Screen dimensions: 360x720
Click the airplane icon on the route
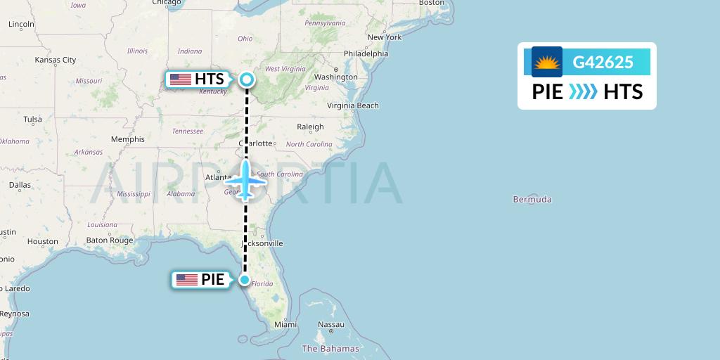(x=245, y=180)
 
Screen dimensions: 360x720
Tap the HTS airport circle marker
(x=247, y=79)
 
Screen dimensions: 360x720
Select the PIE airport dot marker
(x=244, y=280)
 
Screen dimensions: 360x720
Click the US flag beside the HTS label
(x=181, y=79)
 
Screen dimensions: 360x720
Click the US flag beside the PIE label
(x=187, y=280)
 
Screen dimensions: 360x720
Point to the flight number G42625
(x=603, y=63)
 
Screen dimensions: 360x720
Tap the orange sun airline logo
(x=547, y=63)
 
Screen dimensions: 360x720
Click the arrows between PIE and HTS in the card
(x=583, y=92)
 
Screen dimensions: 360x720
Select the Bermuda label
(x=532, y=200)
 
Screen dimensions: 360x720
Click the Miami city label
(x=285, y=325)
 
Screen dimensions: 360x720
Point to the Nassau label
(x=331, y=325)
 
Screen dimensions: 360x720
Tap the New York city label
(x=384, y=37)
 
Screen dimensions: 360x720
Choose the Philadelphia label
(x=366, y=53)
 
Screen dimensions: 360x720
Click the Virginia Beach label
(x=353, y=106)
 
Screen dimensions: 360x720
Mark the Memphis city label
(x=127, y=139)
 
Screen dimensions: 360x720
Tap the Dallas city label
(x=20, y=185)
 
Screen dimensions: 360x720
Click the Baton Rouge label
(x=110, y=240)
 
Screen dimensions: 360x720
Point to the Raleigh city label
(x=310, y=127)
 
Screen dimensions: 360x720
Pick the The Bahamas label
(x=330, y=349)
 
